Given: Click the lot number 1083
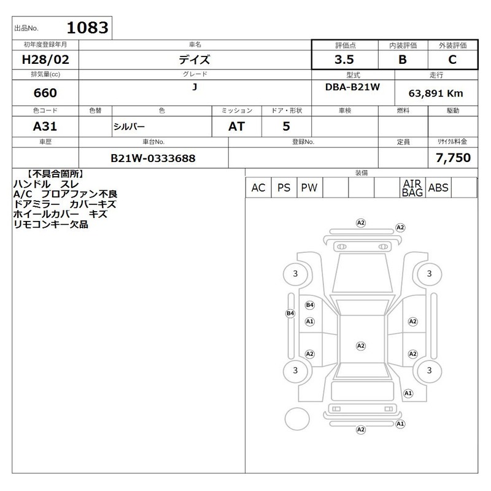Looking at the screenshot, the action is coord(87,28).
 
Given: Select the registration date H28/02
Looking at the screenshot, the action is coord(45,60).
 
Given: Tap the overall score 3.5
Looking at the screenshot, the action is coord(344,60).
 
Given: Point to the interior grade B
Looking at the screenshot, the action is coord(403,60).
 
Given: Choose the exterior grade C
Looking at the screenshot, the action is coord(452,60).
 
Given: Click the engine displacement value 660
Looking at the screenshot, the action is coord(45,93).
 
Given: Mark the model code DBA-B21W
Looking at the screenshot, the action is coord(352,87).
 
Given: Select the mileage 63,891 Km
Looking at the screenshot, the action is coord(436,93).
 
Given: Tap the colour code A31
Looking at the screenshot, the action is coord(45,126).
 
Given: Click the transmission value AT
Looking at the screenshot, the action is coord(236,126).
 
